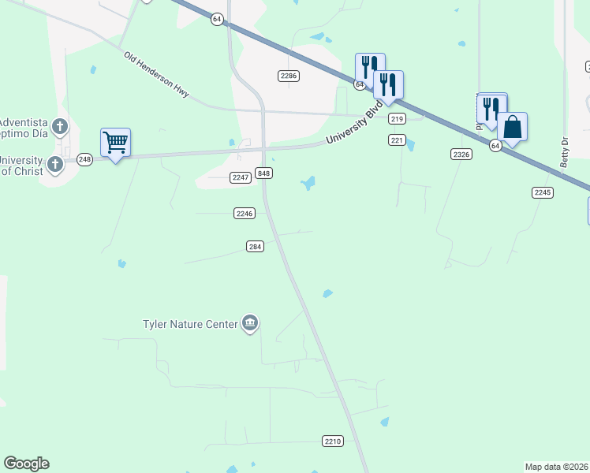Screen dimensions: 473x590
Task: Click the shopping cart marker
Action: [116, 143]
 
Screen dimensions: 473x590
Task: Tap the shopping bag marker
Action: [512, 126]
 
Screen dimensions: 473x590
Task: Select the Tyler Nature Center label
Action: [190, 324]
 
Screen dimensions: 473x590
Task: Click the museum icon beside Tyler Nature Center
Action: [250, 323]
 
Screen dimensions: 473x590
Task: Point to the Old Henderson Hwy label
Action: [157, 75]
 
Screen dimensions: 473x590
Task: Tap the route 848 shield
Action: [264, 173]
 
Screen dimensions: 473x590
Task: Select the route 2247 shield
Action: [241, 177]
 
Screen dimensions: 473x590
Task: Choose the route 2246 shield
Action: [245, 213]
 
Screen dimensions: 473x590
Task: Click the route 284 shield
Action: [254, 246]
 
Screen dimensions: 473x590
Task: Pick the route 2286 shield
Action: [289, 75]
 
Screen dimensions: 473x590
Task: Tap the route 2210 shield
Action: [333, 441]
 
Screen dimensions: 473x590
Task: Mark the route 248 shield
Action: [85, 159]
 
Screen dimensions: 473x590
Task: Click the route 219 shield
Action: [397, 118]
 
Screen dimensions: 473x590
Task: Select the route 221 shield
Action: [397, 140]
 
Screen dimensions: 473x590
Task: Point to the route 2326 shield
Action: [462, 154]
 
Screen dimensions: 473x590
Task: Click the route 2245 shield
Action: [542, 192]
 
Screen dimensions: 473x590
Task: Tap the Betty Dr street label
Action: [564, 151]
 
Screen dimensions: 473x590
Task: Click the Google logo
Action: [26, 464]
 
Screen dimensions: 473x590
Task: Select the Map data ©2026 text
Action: [556, 467]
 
